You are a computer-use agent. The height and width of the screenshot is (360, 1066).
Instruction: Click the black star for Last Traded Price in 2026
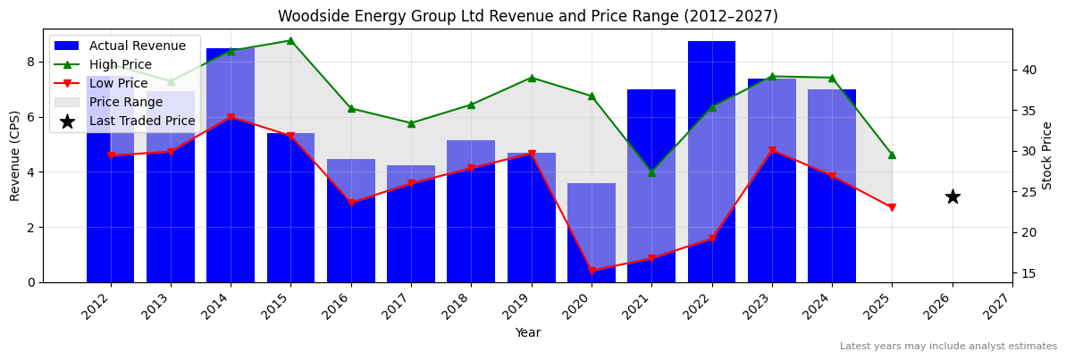click(953, 197)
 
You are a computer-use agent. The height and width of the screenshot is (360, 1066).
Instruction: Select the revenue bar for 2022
click(711, 161)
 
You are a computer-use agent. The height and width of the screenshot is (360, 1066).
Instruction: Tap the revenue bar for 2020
click(592, 232)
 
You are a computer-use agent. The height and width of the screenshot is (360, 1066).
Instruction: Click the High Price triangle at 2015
click(290, 40)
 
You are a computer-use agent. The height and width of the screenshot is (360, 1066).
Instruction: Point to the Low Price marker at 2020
click(592, 271)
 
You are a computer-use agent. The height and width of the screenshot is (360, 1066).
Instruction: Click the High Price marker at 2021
click(651, 172)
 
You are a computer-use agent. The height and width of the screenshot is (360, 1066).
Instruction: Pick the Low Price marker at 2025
click(892, 207)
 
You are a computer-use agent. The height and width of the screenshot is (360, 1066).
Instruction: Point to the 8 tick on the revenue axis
click(30, 62)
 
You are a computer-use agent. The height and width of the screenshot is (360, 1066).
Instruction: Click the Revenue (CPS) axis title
click(15, 155)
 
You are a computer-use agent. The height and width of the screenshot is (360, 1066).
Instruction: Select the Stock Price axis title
click(1047, 155)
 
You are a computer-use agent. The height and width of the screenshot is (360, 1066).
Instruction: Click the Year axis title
click(527, 333)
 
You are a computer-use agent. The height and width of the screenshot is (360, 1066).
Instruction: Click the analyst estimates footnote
click(948, 347)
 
